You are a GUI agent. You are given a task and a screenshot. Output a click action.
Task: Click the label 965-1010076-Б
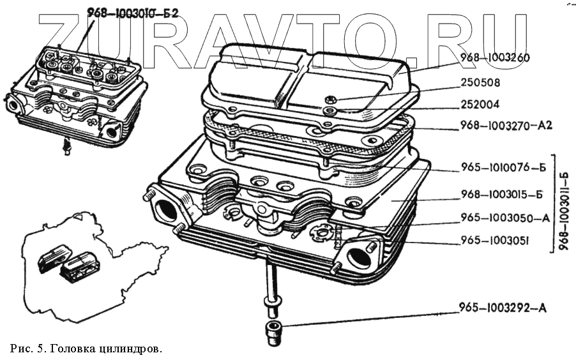(503, 169)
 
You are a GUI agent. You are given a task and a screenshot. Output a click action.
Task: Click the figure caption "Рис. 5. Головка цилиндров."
(87, 349)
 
